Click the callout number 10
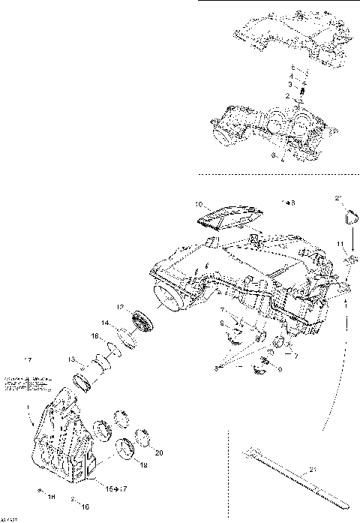[x=199, y=203]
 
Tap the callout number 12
[x=120, y=307]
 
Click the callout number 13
[x=71, y=359]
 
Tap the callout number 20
[x=157, y=453]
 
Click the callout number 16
[x=85, y=507]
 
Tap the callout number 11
[x=340, y=245]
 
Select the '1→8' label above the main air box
[x=288, y=203]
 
